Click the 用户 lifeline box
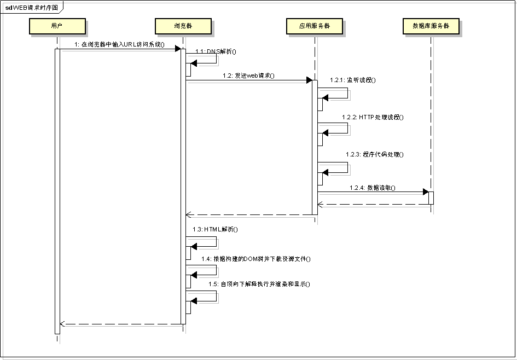(57, 26)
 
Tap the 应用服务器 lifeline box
(315, 26)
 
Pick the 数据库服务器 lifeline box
(431, 26)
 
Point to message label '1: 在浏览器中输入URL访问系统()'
(120, 44)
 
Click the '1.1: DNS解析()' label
(216, 51)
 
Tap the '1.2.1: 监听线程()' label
(353, 80)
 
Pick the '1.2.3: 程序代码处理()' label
(375, 154)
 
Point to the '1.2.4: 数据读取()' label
(373, 187)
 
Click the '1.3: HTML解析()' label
(215, 229)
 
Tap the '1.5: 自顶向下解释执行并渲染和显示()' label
(259, 284)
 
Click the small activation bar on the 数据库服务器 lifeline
(431, 198)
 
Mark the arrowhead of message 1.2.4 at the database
(425, 192)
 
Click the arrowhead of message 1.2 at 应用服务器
(309, 80)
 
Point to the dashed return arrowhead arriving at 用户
(62, 324)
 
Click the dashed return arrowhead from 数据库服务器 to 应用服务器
(321, 204)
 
